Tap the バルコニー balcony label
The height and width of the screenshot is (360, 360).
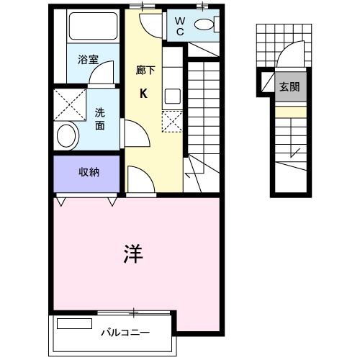[x=125, y=333]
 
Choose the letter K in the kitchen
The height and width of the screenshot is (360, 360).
[x=143, y=93]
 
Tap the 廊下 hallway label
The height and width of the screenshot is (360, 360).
[x=143, y=71]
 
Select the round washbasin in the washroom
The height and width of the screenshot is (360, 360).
[x=68, y=134]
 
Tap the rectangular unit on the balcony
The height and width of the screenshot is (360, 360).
[x=75, y=324]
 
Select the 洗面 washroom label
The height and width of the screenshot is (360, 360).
[x=100, y=118]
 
